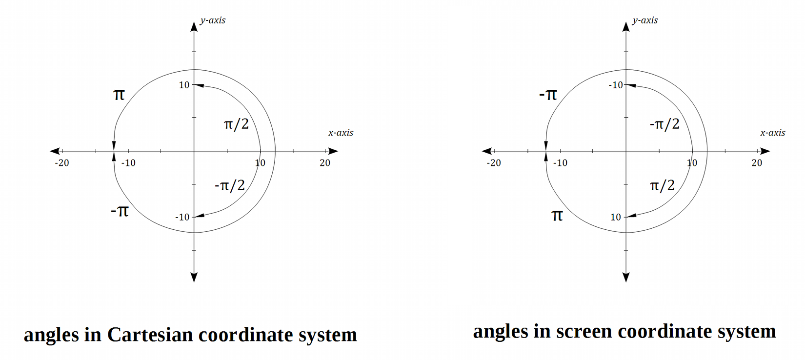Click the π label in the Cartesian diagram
coord(119,94)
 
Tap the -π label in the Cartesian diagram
coord(120,211)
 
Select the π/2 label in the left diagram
coord(236,124)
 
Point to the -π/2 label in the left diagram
coord(229,185)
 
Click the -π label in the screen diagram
coord(548,94)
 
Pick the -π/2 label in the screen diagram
coord(664,124)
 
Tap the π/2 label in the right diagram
coord(662,185)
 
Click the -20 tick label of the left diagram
coord(62,163)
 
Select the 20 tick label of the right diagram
coord(756,163)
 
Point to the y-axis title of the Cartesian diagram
coord(213,20)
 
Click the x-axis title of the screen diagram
coord(772,133)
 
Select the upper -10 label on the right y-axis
coord(616,85)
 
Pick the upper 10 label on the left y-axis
coord(184,85)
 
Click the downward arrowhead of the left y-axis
coord(194,277)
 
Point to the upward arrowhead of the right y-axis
coord(626,26)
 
